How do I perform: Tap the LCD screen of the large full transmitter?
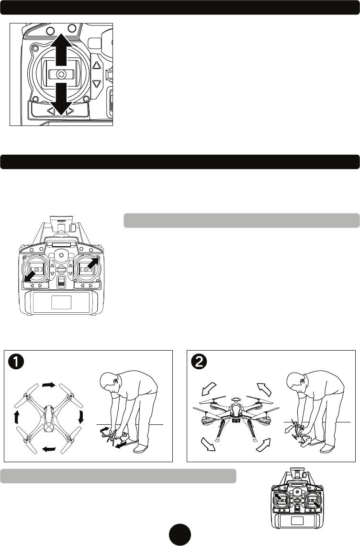click(61, 302)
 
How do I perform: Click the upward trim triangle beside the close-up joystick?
click(97, 68)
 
